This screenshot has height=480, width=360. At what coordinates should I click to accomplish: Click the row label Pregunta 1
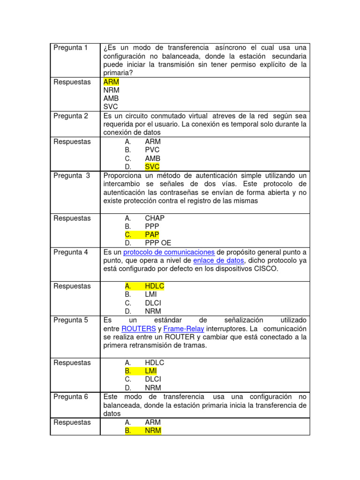click(70, 48)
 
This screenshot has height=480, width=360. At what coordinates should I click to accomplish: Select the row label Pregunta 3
click(71, 175)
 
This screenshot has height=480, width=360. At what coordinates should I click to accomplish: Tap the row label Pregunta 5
click(70, 320)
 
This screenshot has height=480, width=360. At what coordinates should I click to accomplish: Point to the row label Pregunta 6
click(70, 397)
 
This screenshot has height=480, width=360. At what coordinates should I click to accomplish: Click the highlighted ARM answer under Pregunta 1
click(111, 82)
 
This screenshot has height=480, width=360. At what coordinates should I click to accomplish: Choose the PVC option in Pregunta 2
click(152, 150)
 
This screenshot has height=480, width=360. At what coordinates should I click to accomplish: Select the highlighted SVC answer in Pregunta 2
click(152, 167)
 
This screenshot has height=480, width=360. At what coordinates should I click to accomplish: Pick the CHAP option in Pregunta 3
click(155, 218)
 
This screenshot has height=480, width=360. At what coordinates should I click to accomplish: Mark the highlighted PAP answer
click(152, 234)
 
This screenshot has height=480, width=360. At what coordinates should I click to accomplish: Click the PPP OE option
click(158, 243)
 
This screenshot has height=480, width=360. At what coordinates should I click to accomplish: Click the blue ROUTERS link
click(137, 329)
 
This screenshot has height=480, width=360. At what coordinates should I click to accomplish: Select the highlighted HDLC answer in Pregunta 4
click(154, 286)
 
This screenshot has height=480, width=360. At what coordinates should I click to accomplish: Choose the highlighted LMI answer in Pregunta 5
click(150, 371)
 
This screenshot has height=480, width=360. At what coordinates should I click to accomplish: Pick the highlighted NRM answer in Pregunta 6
click(153, 430)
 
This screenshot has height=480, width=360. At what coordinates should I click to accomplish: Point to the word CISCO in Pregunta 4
click(266, 269)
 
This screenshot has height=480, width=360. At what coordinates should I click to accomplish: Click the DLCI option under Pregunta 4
click(153, 303)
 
